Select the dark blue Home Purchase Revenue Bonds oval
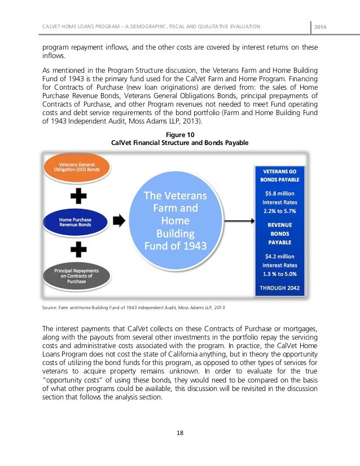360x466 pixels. click(x=75, y=221)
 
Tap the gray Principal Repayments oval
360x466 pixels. click(x=76, y=275)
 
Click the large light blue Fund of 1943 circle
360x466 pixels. click(x=175, y=222)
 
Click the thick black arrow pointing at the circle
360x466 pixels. click(x=119, y=221)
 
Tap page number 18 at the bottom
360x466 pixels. click(x=180, y=433)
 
